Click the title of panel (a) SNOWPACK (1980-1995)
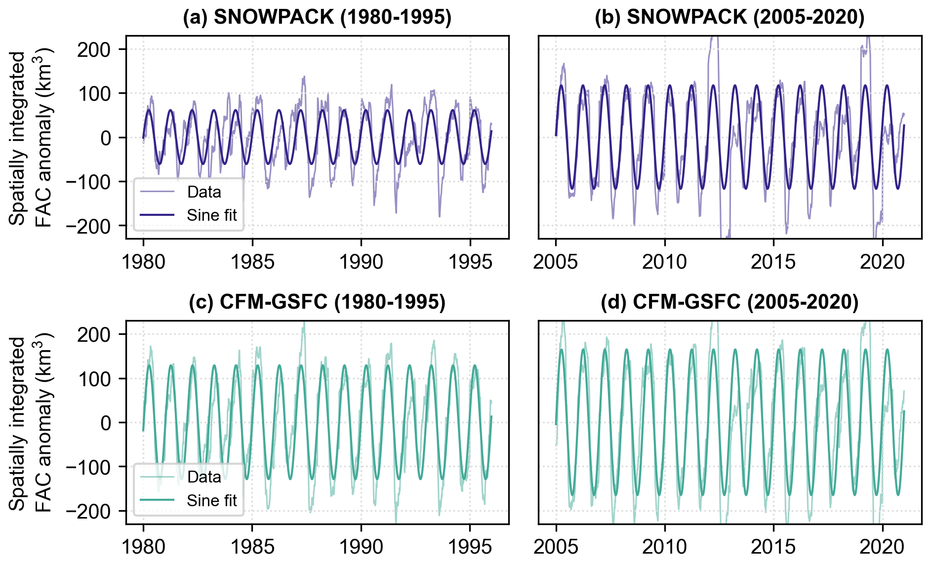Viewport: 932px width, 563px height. pyautogui.click(x=317, y=17)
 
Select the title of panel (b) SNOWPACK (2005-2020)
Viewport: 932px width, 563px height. pyautogui.click(x=729, y=17)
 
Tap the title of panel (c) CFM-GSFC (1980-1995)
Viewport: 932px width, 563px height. pyautogui.click(x=317, y=302)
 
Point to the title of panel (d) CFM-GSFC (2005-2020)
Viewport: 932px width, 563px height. pyautogui.click(x=729, y=302)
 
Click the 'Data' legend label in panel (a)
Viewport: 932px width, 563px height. pyautogui.click(x=204, y=192)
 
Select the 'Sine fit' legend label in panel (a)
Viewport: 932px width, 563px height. pyautogui.click(x=212, y=215)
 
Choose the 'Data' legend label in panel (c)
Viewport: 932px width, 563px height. pyautogui.click(x=204, y=477)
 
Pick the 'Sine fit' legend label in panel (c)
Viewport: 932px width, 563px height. pyautogui.click(x=212, y=501)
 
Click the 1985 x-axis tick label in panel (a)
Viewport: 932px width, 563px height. pyautogui.click(x=252, y=262)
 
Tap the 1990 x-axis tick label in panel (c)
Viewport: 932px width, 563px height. pyautogui.click(x=361, y=547)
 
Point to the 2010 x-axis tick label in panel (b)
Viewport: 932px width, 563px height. pyautogui.click(x=664, y=262)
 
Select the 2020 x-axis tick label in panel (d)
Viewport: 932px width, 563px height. pyautogui.click(x=882, y=547)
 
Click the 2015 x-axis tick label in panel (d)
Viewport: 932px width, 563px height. pyautogui.click(x=773, y=547)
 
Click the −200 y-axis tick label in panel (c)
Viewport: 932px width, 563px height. pyautogui.click(x=89, y=511)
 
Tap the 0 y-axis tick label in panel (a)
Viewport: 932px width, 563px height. pyautogui.click(x=106, y=138)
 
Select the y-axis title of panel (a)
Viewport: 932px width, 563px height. pyautogui.click(x=31, y=138)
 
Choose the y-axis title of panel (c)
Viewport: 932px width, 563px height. pyautogui.click(x=31, y=423)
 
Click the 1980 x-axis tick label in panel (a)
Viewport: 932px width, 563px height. pyautogui.click(x=144, y=262)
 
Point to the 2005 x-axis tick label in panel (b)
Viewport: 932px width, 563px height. pyautogui.click(x=556, y=262)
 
